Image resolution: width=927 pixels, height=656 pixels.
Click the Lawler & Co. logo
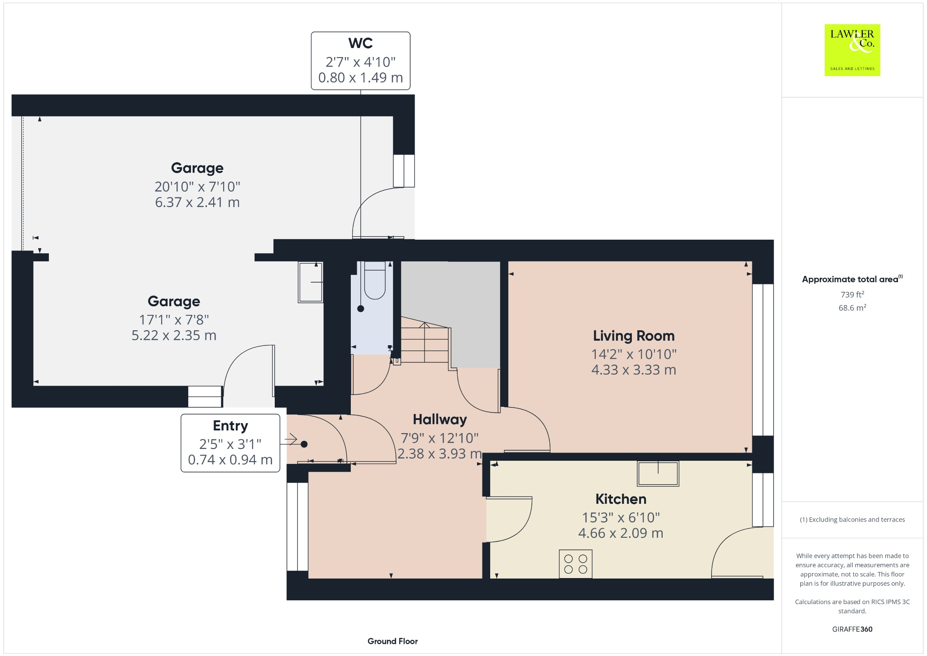tap(852, 50)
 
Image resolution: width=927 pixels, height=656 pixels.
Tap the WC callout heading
tap(360, 43)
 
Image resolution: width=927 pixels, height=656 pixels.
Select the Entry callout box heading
tap(230, 426)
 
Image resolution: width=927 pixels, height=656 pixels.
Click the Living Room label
tap(633, 336)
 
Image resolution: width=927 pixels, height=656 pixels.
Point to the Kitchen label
tap(621, 499)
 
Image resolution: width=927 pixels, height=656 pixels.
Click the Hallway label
tap(440, 420)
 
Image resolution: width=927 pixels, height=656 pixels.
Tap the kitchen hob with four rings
tap(575, 564)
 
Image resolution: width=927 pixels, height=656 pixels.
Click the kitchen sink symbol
tap(658, 473)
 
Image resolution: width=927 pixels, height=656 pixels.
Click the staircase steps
tap(425, 344)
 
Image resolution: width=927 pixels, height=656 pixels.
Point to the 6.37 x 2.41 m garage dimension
tap(197, 203)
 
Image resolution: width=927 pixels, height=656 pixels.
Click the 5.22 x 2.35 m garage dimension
tap(174, 336)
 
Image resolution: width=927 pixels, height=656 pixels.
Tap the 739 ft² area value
tap(852, 294)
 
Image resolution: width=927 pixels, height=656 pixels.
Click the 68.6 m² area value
tap(852, 308)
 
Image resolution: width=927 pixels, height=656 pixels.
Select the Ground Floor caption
tap(392, 641)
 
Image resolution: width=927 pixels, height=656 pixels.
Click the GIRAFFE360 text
tap(852, 629)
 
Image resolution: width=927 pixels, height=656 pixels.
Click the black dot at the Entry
tap(304, 444)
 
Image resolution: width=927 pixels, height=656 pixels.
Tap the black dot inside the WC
tap(360, 309)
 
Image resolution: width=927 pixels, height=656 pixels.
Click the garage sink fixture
tap(311, 282)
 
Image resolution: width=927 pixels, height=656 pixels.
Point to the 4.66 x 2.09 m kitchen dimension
tap(621, 533)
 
